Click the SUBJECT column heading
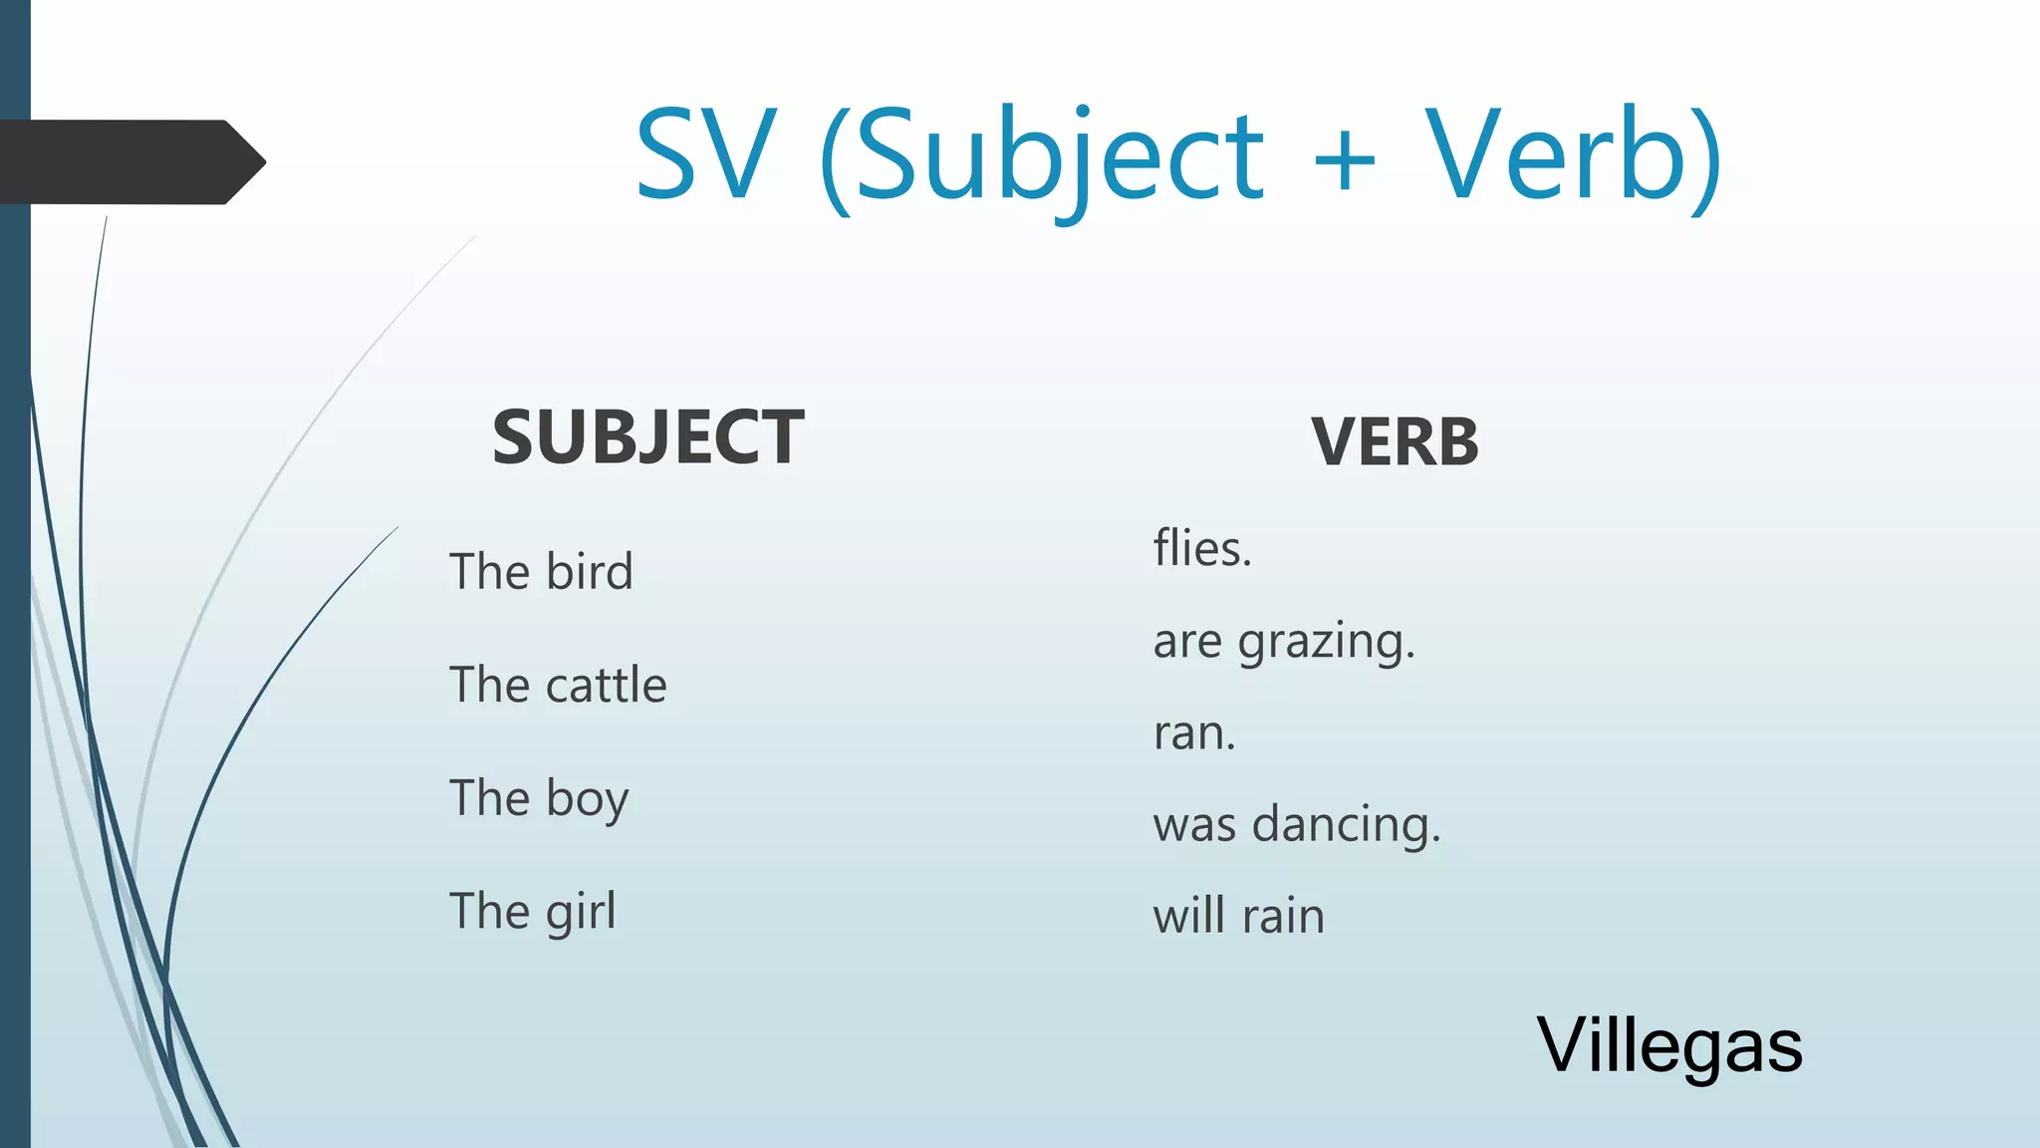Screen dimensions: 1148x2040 (x=647, y=437)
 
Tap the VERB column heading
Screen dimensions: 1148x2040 (x=1395, y=441)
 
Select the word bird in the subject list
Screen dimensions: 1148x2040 (x=590, y=572)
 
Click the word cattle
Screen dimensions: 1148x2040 (x=606, y=686)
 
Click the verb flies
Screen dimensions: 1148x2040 (x=1201, y=548)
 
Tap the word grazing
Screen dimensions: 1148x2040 (x=1326, y=643)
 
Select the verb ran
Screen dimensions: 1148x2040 (x=1193, y=733)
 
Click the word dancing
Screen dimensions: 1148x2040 (x=1346, y=825)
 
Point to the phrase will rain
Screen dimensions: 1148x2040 (x=1239, y=916)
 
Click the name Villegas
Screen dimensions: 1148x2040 (x=1669, y=1046)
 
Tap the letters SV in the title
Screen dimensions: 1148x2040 (x=705, y=154)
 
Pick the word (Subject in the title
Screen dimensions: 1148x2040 (x=1041, y=159)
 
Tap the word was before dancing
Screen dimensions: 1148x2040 (x=1194, y=826)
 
